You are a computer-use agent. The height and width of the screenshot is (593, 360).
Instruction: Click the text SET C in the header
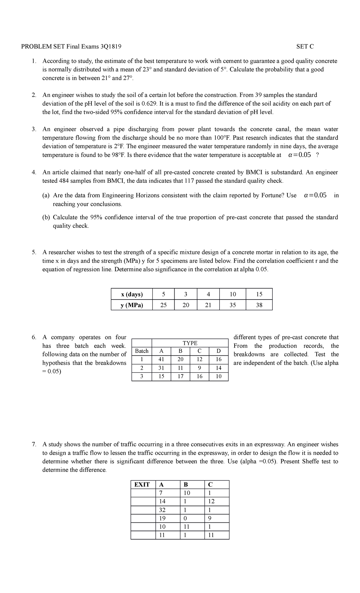[x=305, y=47]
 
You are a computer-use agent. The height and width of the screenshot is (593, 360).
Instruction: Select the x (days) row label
[x=132, y=294]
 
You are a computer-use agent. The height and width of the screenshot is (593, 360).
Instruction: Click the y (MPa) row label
[x=132, y=305]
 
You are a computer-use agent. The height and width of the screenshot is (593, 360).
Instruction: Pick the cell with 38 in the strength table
[x=259, y=305]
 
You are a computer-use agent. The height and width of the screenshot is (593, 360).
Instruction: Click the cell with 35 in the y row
[x=232, y=305]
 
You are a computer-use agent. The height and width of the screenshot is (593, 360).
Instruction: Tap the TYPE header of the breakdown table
[x=190, y=343]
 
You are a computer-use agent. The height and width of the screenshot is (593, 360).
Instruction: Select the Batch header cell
[x=142, y=351]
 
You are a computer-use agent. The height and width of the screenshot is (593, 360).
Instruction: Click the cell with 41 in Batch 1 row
[x=161, y=359]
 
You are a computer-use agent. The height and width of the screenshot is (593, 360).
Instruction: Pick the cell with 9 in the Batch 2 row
[x=199, y=368]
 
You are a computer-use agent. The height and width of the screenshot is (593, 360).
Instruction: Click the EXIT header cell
[x=142, y=484]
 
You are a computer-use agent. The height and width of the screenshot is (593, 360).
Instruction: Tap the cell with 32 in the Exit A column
[x=162, y=510]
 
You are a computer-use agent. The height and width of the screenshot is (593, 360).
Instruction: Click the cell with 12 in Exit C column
[x=211, y=501]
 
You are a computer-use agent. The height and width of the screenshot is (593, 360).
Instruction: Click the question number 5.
[x=34, y=252]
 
